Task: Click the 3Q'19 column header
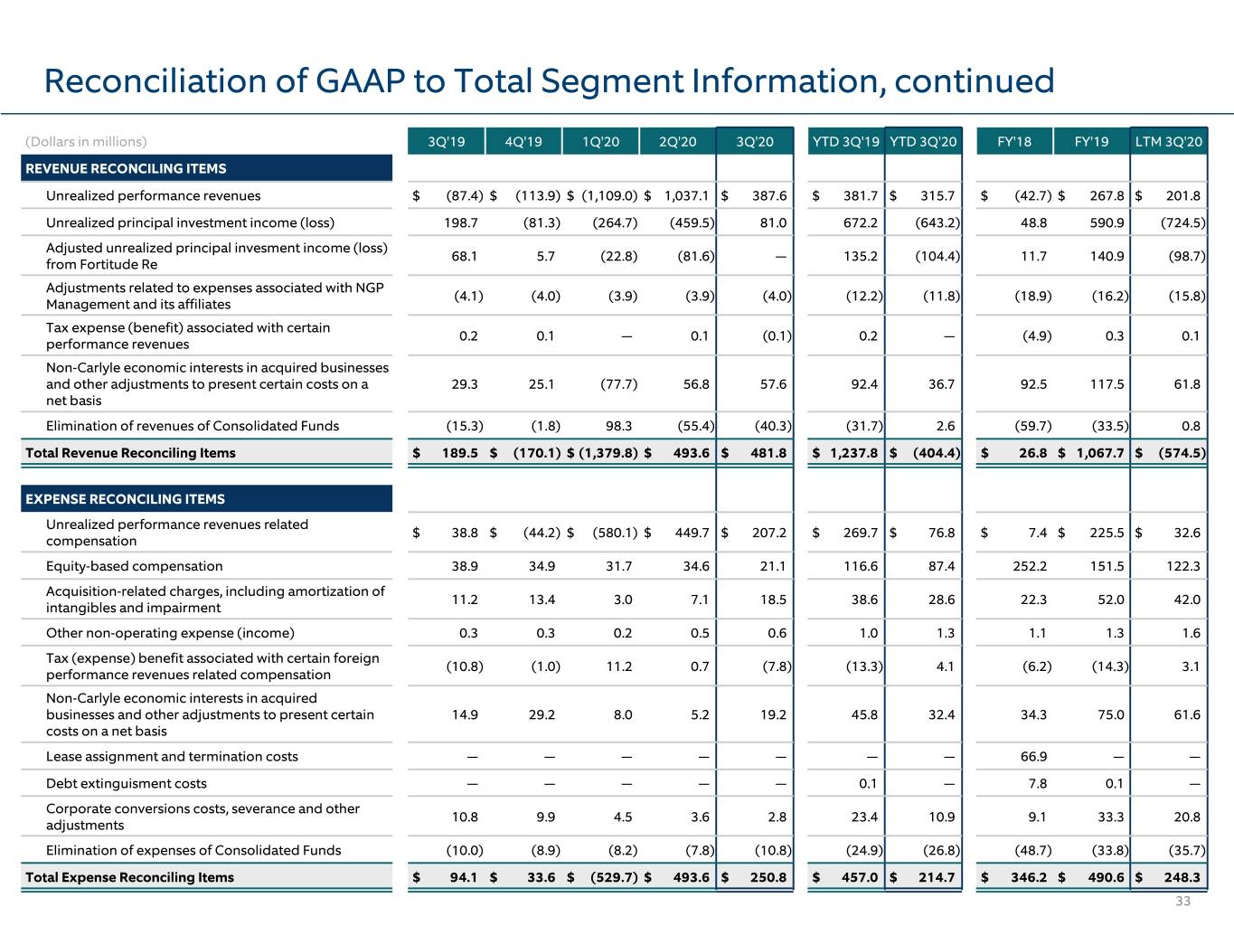[x=447, y=141]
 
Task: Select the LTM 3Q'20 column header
[x=1168, y=141]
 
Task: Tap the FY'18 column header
[x=1014, y=141]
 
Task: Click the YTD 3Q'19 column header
[x=845, y=141]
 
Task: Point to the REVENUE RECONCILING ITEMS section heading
[x=126, y=169]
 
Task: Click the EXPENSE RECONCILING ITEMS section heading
[x=125, y=498]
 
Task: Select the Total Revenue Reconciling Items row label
[x=130, y=452]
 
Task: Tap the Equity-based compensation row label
[x=135, y=566]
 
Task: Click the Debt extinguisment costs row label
[x=127, y=783]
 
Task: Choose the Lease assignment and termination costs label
[x=172, y=756]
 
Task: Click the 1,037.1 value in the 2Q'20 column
[x=686, y=195]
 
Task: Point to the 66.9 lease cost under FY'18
[x=1033, y=756]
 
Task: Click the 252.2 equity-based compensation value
[x=1030, y=566]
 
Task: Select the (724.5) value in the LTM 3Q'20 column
[x=1183, y=222]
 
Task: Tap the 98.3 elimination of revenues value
[x=618, y=426]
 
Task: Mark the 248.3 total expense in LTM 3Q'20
[x=1182, y=877]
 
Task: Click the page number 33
[x=1182, y=901]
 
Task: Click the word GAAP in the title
[x=360, y=80]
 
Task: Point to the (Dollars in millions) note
[x=86, y=142]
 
